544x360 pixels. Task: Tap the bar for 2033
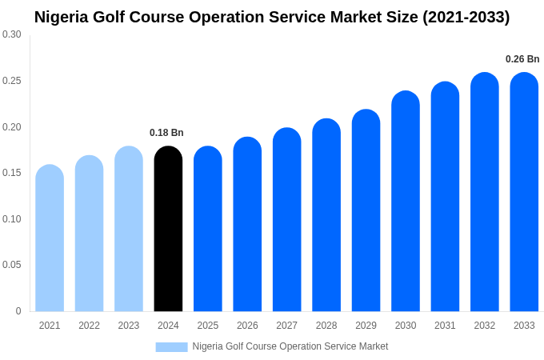tap(524, 192)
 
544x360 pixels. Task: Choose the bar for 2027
tap(287, 220)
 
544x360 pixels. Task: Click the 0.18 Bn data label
tap(166, 133)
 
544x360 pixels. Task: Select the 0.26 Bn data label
tap(522, 59)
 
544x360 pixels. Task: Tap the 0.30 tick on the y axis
tap(12, 34)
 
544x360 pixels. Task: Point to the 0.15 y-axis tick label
tap(12, 173)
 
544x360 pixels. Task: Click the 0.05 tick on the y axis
tap(12, 265)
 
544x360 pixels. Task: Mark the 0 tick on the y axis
tap(18, 311)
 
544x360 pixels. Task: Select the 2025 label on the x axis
tap(208, 326)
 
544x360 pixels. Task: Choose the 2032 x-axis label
tap(485, 326)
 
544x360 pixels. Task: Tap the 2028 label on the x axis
tap(326, 326)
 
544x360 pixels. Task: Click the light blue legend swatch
tap(171, 347)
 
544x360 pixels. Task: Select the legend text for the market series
tap(290, 346)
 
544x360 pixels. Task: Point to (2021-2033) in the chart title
tap(466, 17)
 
